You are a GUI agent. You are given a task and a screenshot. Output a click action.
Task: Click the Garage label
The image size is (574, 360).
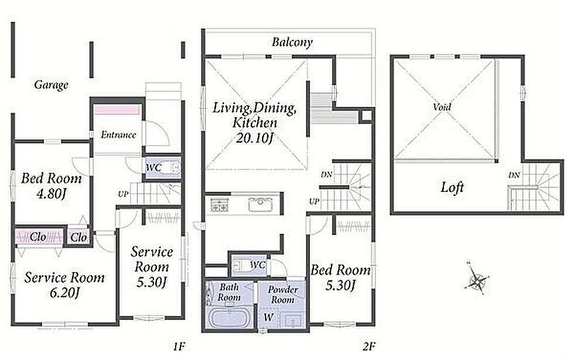(x=52, y=85)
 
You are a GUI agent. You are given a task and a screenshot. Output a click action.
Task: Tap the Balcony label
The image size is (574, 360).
(x=292, y=42)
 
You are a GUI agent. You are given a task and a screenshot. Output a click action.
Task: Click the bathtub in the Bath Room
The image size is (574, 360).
(x=229, y=317)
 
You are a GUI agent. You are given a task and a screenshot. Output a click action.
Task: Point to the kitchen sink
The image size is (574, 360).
(x=260, y=205)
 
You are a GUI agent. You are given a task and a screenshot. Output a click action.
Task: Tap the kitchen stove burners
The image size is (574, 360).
(x=219, y=205)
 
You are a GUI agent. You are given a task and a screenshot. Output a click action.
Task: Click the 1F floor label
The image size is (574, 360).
(x=179, y=346)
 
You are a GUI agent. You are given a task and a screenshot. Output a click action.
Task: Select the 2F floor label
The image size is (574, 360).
(x=369, y=346)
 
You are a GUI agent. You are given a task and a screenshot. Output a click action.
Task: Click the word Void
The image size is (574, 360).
(x=442, y=107)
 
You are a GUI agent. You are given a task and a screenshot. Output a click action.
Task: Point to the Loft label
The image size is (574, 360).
(x=452, y=187)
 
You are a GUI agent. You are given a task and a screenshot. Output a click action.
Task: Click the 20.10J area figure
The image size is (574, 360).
(x=255, y=138)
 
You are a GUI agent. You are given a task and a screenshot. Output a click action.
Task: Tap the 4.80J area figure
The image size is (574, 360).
(x=52, y=194)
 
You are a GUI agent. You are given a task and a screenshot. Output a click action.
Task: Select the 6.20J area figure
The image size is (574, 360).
(x=64, y=293)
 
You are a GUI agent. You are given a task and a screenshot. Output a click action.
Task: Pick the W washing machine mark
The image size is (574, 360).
(x=268, y=317)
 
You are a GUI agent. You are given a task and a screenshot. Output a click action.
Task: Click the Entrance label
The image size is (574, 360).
(x=118, y=135)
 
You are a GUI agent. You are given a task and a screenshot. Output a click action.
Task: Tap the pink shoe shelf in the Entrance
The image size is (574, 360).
(x=117, y=110)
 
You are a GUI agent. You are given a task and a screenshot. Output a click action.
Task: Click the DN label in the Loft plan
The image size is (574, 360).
(x=514, y=175)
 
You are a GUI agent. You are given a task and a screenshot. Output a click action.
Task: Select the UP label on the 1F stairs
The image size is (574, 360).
(x=124, y=194)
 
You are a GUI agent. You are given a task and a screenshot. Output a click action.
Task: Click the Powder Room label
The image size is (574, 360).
(x=282, y=294)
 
